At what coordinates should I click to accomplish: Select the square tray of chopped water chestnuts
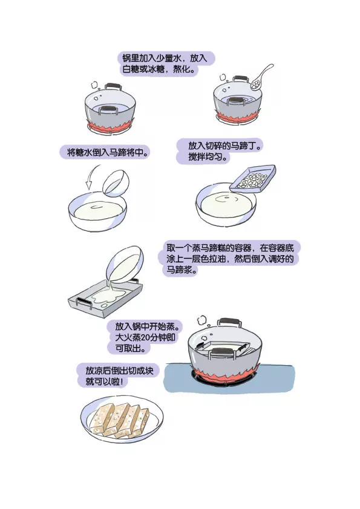(253, 179)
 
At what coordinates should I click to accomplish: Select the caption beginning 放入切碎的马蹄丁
(220, 151)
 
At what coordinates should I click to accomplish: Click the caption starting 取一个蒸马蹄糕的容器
(230, 259)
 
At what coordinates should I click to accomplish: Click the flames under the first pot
(110, 126)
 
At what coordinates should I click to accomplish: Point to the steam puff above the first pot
(94, 85)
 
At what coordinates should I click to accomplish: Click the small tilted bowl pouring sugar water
(116, 183)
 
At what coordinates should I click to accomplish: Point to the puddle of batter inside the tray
(108, 297)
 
